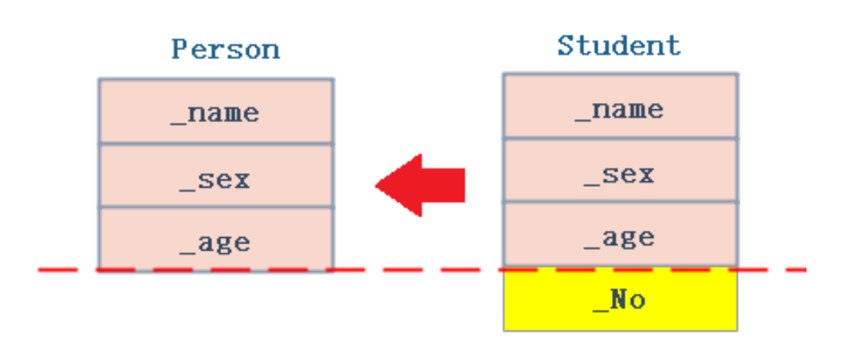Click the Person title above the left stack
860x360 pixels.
click(x=226, y=49)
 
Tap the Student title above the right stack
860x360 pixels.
click(x=619, y=45)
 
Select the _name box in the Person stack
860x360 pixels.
click(x=215, y=113)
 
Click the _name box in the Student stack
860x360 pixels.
click(x=620, y=108)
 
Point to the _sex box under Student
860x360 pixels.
click(x=620, y=172)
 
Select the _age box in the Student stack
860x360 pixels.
click(x=620, y=236)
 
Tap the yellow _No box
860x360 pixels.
click(x=620, y=300)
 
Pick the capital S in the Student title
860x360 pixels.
click(x=566, y=45)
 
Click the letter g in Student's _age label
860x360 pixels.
click(x=625, y=239)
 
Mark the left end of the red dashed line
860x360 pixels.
click(x=40, y=271)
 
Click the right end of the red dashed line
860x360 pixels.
click(x=804, y=270)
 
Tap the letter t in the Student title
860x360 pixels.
click(x=584, y=45)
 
